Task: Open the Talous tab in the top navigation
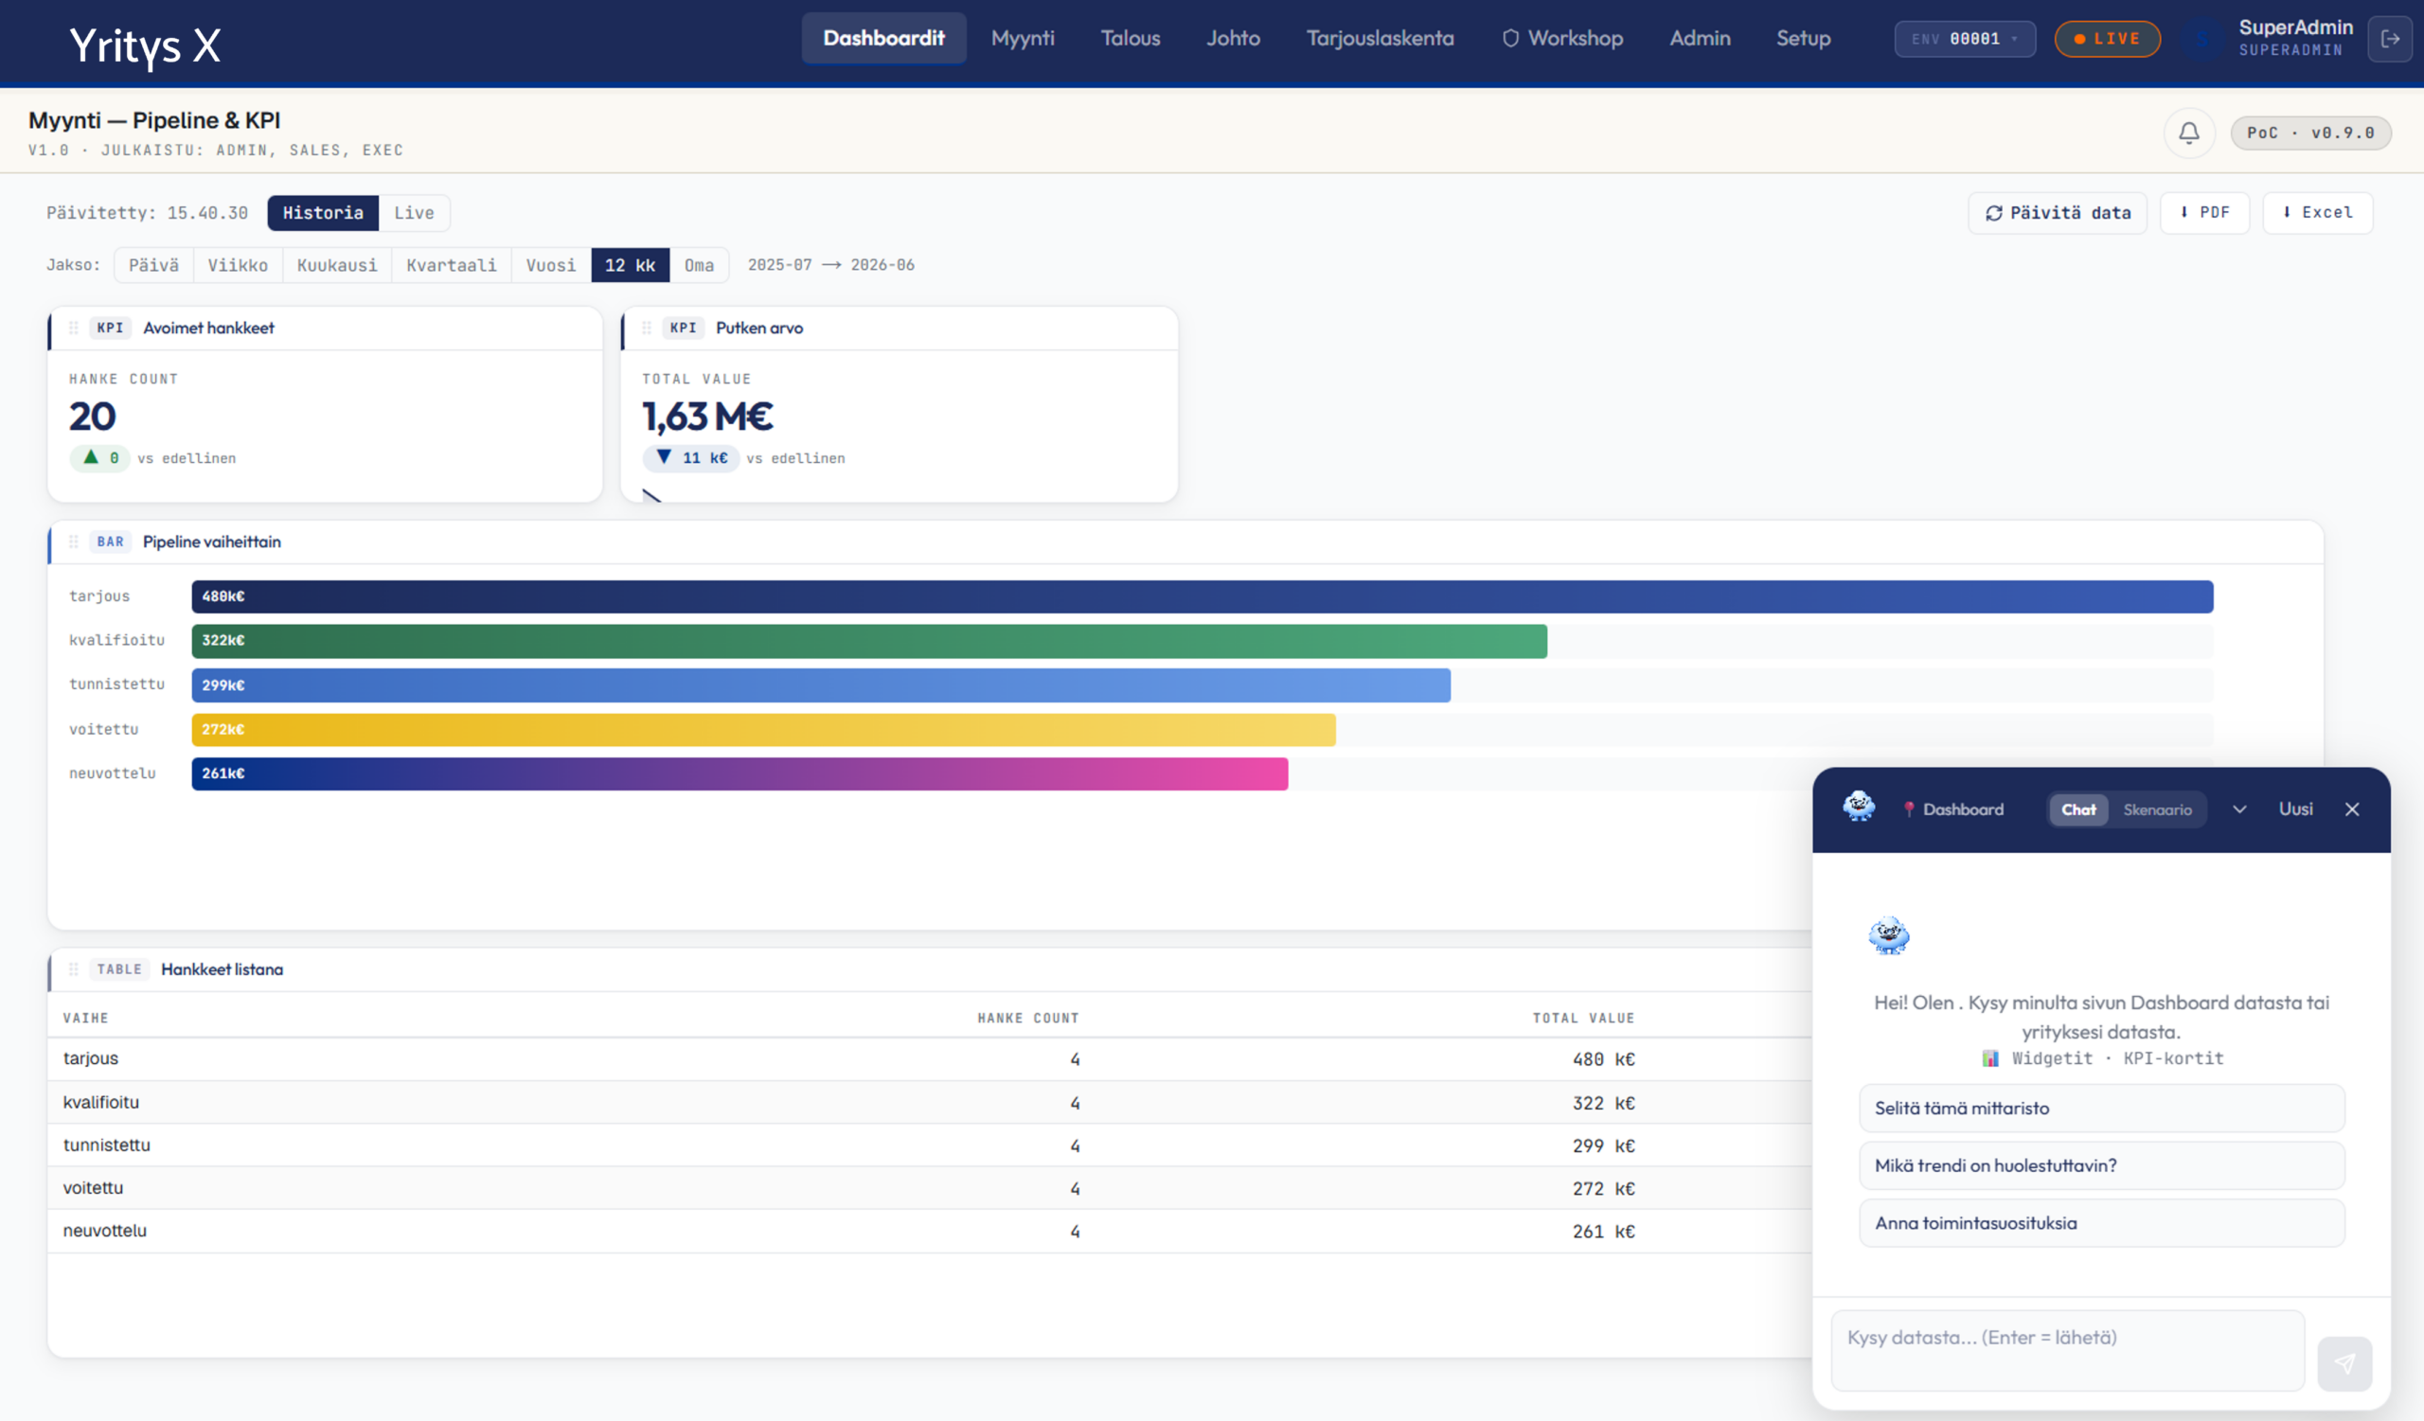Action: click(1131, 39)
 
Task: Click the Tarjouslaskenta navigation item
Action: click(1380, 39)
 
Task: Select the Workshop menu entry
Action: click(1563, 39)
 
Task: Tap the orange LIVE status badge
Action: click(2107, 39)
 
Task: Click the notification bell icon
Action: click(2188, 133)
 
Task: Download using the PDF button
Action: click(2203, 212)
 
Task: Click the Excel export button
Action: click(2317, 212)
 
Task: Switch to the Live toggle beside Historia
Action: click(414, 212)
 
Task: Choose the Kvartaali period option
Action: click(451, 265)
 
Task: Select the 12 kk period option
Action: click(630, 265)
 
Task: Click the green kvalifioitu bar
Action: click(868, 640)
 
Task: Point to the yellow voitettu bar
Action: click(763, 730)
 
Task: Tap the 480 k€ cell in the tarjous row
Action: click(1603, 1059)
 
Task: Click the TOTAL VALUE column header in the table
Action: click(1583, 1018)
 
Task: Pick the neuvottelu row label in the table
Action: click(105, 1231)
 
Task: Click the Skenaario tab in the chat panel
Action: click(2158, 809)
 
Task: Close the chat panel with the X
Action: click(2352, 809)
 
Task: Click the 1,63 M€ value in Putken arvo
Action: click(708, 417)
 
